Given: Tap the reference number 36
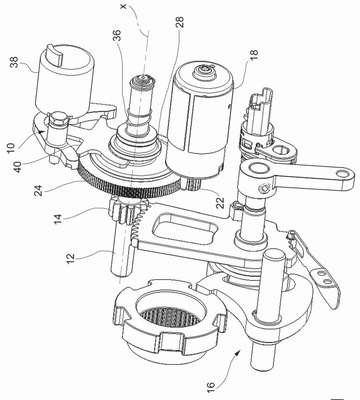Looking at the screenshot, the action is point(117,35).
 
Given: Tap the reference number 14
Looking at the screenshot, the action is point(57,216).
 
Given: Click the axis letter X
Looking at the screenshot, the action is point(125,7).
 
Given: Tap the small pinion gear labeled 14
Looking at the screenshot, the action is point(128,211).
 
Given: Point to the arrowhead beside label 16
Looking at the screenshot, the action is point(239,353).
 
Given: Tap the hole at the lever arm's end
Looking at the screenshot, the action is point(341,174).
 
